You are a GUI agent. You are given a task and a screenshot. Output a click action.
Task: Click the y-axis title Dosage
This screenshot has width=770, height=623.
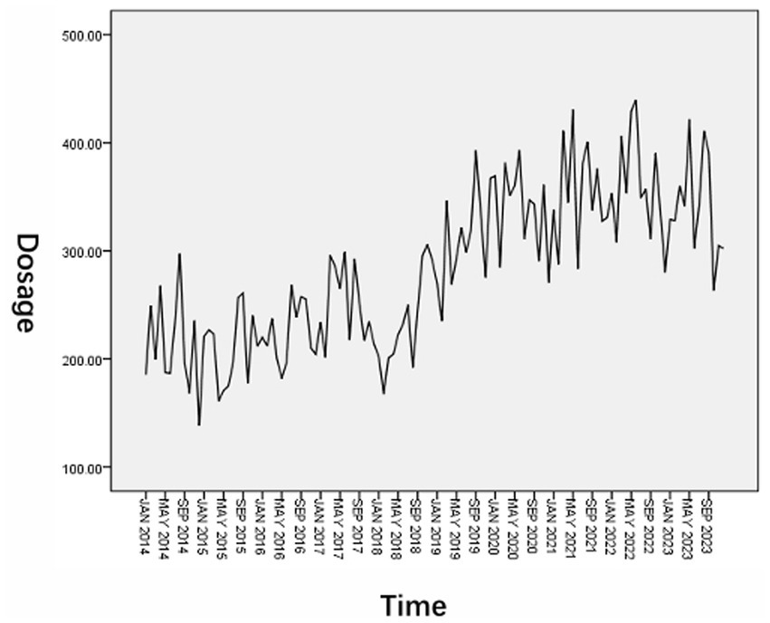(x=28, y=283)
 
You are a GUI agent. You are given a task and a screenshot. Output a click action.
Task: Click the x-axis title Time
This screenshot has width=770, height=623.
(x=413, y=604)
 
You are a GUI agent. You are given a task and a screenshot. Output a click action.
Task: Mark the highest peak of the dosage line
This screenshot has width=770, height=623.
(x=635, y=101)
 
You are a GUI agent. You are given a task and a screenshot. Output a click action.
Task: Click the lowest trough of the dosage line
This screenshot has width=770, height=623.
(x=199, y=425)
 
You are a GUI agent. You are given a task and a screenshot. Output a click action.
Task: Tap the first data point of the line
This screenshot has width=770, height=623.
(x=146, y=374)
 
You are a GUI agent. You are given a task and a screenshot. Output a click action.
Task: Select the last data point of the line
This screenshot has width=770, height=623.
(x=723, y=248)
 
